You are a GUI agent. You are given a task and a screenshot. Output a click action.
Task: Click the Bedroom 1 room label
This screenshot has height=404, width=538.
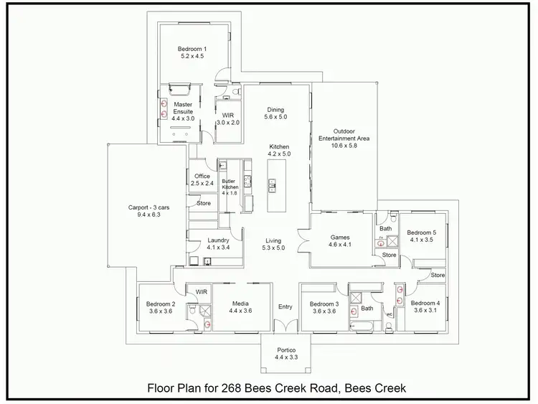point(192,50)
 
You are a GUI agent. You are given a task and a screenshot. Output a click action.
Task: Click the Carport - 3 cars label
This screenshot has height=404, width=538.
point(145,207)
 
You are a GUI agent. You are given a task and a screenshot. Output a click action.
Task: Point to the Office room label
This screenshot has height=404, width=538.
point(202,176)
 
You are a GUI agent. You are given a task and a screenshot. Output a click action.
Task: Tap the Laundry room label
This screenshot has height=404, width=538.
point(218,240)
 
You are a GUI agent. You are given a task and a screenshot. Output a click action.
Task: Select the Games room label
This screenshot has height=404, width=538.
point(339,237)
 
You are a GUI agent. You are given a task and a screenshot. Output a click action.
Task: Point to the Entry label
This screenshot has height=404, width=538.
point(285,307)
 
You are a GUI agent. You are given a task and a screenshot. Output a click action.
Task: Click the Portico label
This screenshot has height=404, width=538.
point(285,350)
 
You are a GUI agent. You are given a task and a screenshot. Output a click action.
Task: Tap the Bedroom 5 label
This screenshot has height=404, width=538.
point(422,232)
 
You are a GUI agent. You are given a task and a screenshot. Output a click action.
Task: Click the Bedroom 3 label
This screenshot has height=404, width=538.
point(324,304)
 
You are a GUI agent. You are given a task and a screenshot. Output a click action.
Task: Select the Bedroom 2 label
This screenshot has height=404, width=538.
point(161,304)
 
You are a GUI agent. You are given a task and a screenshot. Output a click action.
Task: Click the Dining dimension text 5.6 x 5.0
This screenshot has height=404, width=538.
point(275,117)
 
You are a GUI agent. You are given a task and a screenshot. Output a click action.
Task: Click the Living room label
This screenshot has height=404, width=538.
point(274,240)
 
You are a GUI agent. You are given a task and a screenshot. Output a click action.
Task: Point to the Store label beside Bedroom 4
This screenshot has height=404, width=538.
point(438,275)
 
